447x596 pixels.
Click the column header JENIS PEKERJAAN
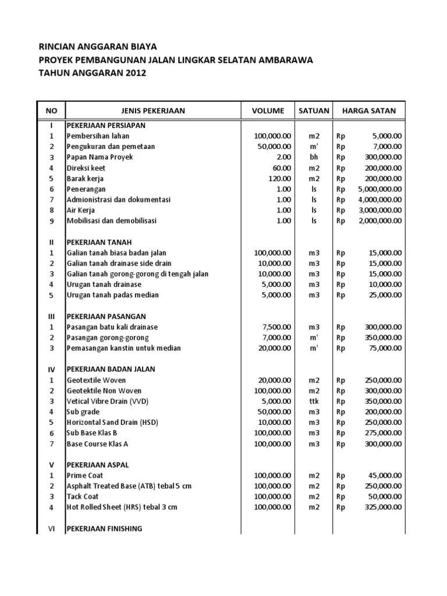(x=153, y=111)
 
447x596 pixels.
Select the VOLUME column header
(x=268, y=111)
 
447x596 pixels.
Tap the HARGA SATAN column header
(x=369, y=111)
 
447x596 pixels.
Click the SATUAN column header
(x=314, y=111)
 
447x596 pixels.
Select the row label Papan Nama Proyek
(x=100, y=157)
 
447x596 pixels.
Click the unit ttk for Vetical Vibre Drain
(x=314, y=401)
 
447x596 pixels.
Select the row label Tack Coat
(x=83, y=496)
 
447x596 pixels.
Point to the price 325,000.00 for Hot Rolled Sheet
(x=381, y=507)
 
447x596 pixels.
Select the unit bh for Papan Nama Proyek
(x=314, y=157)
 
